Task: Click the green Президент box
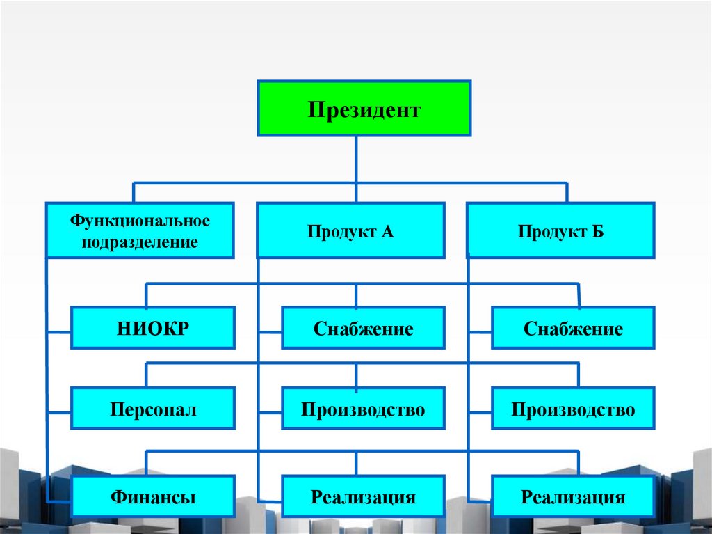point(364,108)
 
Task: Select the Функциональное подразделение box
point(140,230)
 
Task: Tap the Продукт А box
point(350,230)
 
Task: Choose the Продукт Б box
point(560,230)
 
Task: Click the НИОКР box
point(153,328)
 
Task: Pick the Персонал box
point(153,409)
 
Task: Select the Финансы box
point(153,497)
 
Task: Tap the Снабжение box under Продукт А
point(363,328)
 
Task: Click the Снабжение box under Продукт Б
point(573,328)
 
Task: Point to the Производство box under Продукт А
point(363,409)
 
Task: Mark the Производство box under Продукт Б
point(573,409)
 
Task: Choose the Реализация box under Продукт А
point(363,497)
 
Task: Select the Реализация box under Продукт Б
point(573,497)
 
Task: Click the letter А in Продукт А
point(387,231)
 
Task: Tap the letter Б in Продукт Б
point(598,231)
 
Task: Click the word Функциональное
point(140,221)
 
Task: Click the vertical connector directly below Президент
point(356,159)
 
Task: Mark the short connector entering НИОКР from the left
point(59,331)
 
